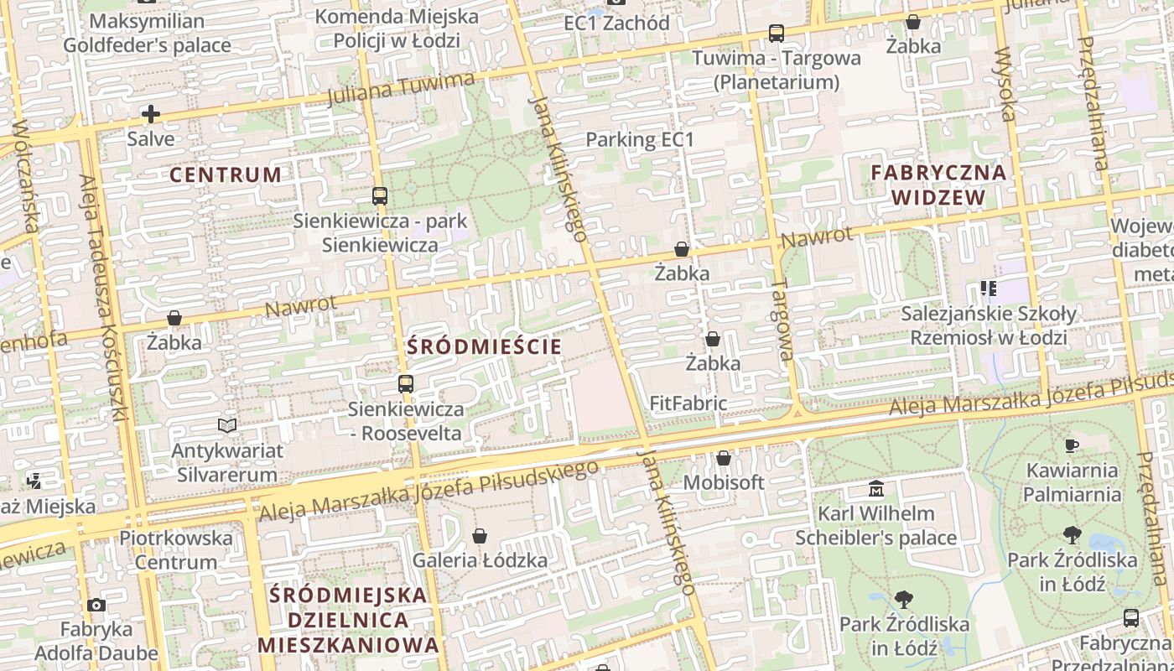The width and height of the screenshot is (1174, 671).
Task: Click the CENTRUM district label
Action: [226, 174]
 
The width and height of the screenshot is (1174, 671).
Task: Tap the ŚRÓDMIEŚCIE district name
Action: [484, 346]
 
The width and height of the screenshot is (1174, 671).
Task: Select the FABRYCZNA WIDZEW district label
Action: [938, 185]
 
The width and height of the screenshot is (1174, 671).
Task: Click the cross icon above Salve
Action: [151, 114]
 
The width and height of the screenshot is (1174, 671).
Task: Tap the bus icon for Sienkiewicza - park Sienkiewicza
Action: [380, 196]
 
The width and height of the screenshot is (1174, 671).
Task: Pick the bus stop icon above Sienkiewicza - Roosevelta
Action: [406, 384]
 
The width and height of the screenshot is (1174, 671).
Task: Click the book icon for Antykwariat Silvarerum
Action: [227, 426]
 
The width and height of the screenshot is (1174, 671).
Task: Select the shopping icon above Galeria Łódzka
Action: [480, 536]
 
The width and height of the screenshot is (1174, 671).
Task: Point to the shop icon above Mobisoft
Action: [724, 459]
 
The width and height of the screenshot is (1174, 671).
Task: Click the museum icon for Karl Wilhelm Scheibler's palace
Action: [876, 488]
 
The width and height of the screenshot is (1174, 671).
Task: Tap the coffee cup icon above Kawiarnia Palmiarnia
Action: [1072, 445]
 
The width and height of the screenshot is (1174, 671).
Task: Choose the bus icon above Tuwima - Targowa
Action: [777, 34]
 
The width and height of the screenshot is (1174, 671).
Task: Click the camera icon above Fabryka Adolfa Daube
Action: [96, 605]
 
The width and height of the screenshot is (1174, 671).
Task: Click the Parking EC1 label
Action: [640, 139]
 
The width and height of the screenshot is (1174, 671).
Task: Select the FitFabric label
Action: [688, 403]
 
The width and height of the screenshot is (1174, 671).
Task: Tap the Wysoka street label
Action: [1003, 84]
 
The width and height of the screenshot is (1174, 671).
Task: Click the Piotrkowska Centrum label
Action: [176, 549]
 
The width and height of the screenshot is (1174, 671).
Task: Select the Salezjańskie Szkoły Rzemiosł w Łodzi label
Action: [989, 325]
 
